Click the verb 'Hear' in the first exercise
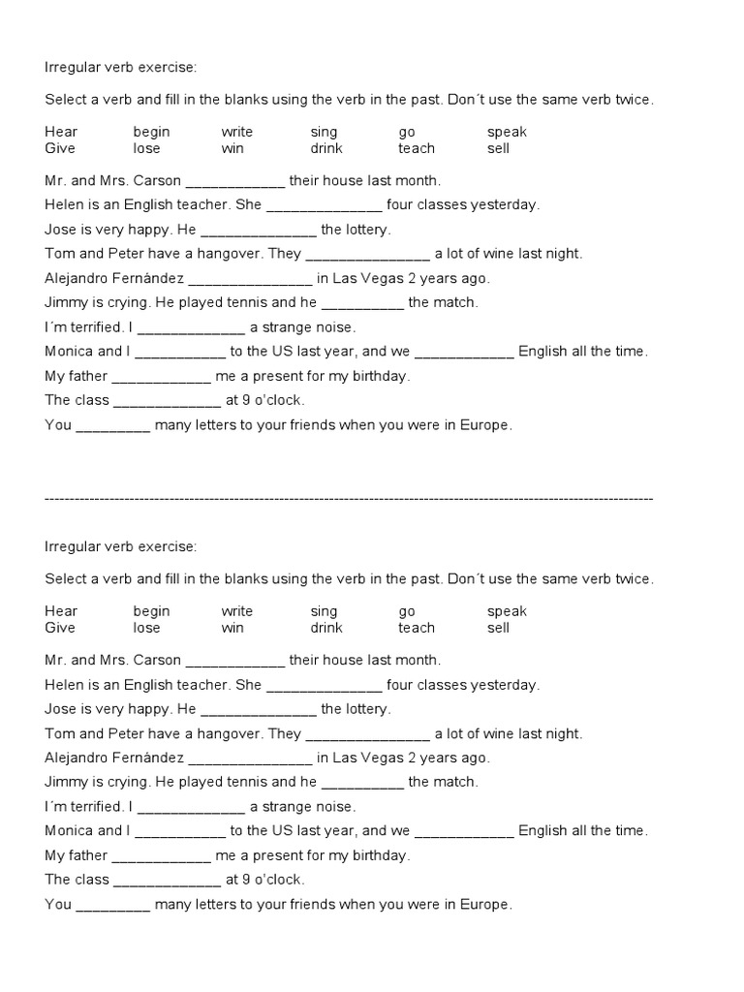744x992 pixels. pos(61,132)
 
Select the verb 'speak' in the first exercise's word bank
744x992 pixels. pos(507,132)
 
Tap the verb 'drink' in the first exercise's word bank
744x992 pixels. pos(326,148)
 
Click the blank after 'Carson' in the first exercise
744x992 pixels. pos(234,182)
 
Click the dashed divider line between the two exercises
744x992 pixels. pos(349,498)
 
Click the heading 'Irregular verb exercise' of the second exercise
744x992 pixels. pos(120,546)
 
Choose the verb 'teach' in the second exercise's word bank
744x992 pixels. pos(417,628)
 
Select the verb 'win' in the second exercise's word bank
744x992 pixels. pos(232,628)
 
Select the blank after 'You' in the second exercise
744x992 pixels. pos(112,906)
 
